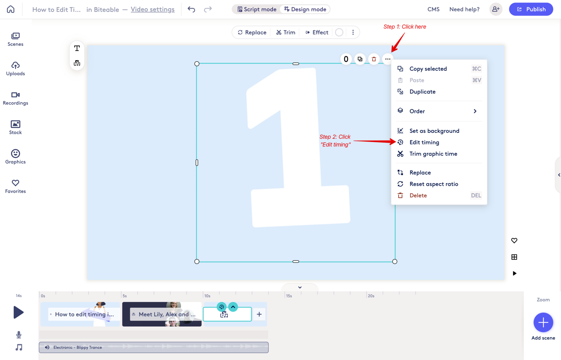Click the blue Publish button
coord(531,9)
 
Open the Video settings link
coord(153,9)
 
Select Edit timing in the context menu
coord(424,142)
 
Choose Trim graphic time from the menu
coord(433,154)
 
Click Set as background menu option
coord(434,131)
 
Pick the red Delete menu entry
coord(418,195)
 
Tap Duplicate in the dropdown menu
coord(422,91)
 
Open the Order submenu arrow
coord(475,111)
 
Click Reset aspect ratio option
coord(434,184)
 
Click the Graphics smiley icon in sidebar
coord(15,154)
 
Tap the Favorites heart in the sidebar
coord(15,183)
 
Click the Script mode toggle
coord(257,9)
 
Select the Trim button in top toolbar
coord(285,32)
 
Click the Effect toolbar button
coord(317,32)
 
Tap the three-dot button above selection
coord(388,59)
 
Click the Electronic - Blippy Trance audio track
coord(154,347)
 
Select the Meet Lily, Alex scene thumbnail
coord(162,314)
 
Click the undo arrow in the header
coord(191,9)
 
